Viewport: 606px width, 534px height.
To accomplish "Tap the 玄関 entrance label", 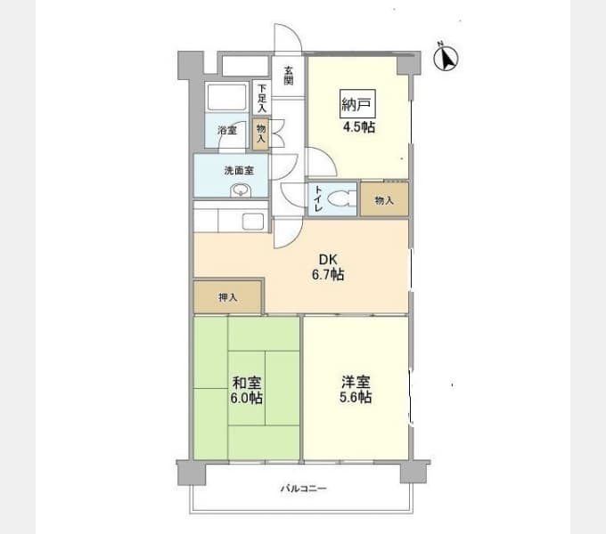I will pos(289,76).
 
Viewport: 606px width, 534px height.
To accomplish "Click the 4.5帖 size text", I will pos(358,126).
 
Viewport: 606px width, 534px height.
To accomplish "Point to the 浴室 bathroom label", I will pos(227,131).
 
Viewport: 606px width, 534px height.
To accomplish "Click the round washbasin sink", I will pos(240,190).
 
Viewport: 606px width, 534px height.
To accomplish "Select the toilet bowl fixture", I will pos(340,200).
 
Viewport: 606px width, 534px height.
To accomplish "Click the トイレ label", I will pos(315,200).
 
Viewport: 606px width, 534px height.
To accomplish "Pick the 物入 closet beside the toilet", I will pos(384,200).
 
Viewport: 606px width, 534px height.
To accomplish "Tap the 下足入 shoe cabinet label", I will pos(261,97).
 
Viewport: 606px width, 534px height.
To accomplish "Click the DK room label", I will pos(326,260).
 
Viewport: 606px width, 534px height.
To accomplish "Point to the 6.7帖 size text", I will pos(327,275).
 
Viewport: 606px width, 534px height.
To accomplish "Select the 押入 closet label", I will pos(227,296).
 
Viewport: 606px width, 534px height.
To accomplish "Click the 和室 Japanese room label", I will pos(246,383).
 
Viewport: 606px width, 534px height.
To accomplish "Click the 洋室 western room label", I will pos(355,382).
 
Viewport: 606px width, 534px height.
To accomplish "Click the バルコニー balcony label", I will pos(304,489).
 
